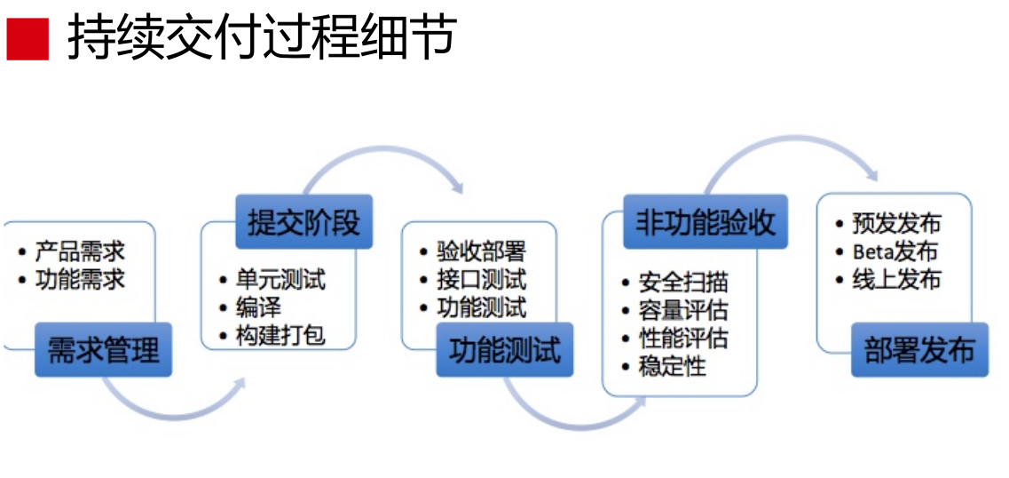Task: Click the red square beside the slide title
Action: (28, 39)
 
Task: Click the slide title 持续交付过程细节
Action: (262, 38)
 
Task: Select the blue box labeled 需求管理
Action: (103, 349)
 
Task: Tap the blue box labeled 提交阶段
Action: (303, 222)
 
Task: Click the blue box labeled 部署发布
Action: (919, 349)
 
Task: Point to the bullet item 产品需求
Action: (80, 251)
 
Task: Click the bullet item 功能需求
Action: (80, 279)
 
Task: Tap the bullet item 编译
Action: (258, 307)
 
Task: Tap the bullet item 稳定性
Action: (672, 365)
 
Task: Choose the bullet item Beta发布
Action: (895, 251)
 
